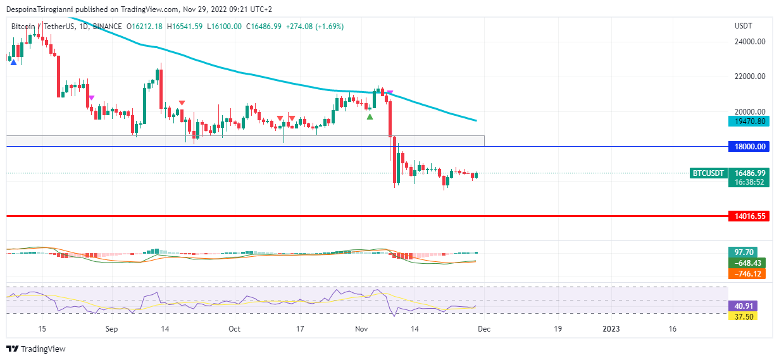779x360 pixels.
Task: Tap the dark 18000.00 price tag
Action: tap(750, 147)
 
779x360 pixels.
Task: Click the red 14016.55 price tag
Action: tap(750, 216)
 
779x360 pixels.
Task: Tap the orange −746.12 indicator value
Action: tap(747, 273)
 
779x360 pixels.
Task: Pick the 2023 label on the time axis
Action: tap(611, 329)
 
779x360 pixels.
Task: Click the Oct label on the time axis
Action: tap(235, 329)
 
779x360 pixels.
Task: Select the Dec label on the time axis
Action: tap(483, 329)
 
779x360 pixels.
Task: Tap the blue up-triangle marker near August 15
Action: tap(13, 62)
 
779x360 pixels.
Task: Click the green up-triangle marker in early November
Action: tap(370, 116)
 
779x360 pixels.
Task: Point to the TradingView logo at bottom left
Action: tap(36, 349)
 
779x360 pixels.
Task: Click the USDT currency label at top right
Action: tap(743, 26)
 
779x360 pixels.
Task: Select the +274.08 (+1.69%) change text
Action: tap(315, 27)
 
